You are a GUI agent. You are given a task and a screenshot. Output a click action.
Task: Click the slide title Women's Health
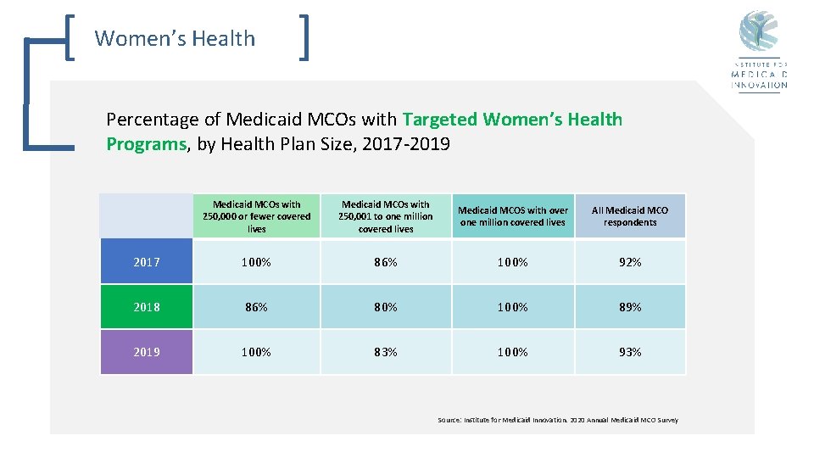pos(175,38)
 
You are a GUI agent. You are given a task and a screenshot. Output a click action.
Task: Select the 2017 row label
pos(147,262)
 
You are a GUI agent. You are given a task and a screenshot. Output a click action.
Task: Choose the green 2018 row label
pos(147,307)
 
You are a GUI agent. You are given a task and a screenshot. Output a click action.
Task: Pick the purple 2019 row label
pos(147,352)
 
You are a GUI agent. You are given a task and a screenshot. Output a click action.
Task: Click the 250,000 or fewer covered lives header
pos(257,216)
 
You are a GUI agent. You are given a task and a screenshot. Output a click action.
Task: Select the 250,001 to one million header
pos(386,216)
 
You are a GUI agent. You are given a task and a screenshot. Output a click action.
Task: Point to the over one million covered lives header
pos(512,216)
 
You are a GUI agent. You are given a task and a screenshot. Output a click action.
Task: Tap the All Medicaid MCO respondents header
pos(630,216)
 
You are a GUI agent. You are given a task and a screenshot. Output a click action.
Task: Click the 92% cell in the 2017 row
pos(630,262)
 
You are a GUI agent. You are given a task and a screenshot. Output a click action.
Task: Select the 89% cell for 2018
pos(630,307)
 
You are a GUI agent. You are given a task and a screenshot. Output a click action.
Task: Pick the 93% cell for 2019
pos(630,352)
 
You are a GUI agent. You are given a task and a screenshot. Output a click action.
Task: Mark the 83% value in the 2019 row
pos(386,352)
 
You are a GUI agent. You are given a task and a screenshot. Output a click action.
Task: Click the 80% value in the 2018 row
pos(386,307)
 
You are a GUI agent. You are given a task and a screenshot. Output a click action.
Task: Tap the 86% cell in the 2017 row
pos(386,262)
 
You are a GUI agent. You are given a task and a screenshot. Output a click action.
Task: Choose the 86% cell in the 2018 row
pos(257,307)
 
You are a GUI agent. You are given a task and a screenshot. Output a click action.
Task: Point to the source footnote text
pos(557,420)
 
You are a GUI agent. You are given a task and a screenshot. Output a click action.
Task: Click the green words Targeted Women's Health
pos(512,120)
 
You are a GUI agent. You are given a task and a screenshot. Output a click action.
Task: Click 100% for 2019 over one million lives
pos(512,352)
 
